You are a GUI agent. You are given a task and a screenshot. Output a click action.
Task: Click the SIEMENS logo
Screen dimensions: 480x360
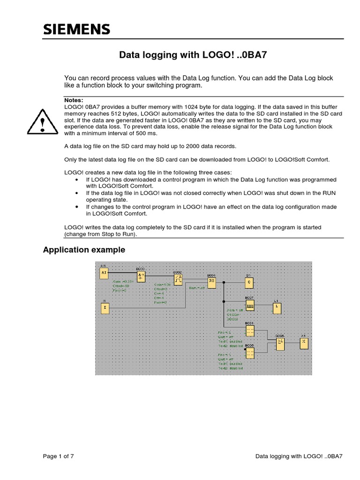click(x=76, y=30)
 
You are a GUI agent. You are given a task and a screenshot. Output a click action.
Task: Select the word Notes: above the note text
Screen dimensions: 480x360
click(x=74, y=100)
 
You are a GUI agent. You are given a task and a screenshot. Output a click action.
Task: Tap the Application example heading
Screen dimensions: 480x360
click(x=84, y=250)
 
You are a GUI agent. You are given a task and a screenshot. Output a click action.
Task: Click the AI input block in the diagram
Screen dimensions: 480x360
click(x=105, y=272)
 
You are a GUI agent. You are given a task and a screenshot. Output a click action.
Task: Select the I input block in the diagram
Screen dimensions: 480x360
click(x=105, y=307)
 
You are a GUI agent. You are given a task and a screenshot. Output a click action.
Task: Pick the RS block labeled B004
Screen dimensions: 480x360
click(x=211, y=281)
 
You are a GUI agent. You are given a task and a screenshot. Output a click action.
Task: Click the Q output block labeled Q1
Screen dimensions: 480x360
click(x=249, y=282)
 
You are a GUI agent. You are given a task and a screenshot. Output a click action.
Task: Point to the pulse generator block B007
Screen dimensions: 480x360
click(x=249, y=306)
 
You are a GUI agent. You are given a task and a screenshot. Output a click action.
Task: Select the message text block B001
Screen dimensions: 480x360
click(x=249, y=330)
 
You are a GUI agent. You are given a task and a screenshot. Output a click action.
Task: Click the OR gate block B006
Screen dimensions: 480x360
click(x=280, y=344)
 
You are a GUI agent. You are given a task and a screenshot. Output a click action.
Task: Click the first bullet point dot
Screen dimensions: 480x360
click(x=76, y=180)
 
